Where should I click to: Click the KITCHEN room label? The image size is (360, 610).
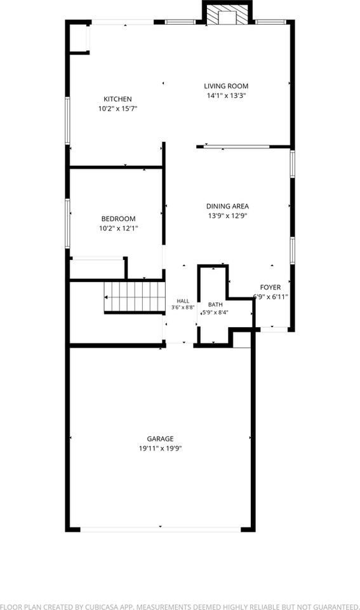click(x=117, y=99)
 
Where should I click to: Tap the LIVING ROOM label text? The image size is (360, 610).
click(x=226, y=86)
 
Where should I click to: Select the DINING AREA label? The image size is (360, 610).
click(x=227, y=206)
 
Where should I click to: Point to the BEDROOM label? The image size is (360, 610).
click(x=118, y=219)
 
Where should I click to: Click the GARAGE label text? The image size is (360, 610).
click(x=160, y=439)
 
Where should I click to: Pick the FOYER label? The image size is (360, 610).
click(x=270, y=287)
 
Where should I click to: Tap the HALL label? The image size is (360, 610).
click(x=183, y=301)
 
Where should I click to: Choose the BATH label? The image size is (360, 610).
click(x=215, y=304)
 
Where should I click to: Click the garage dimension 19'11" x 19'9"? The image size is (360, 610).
click(x=161, y=449)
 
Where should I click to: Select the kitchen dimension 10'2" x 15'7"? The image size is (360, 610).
click(x=118, y=109)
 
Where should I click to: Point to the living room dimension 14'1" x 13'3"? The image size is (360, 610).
click(x=226, y=96)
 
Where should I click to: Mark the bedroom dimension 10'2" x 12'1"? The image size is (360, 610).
click(x=119, y=229)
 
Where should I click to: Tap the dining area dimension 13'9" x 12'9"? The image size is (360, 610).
click(x=227, y=216)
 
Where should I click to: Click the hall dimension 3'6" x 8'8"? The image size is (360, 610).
click(x=183, y=308)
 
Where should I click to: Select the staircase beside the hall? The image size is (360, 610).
click(x=135, y=297)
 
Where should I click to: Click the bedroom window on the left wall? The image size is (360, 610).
click(x=68, y=223)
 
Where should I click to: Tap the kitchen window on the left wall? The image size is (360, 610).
click(x=68, y=121)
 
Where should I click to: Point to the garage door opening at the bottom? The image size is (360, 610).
click(x=161, y=529)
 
